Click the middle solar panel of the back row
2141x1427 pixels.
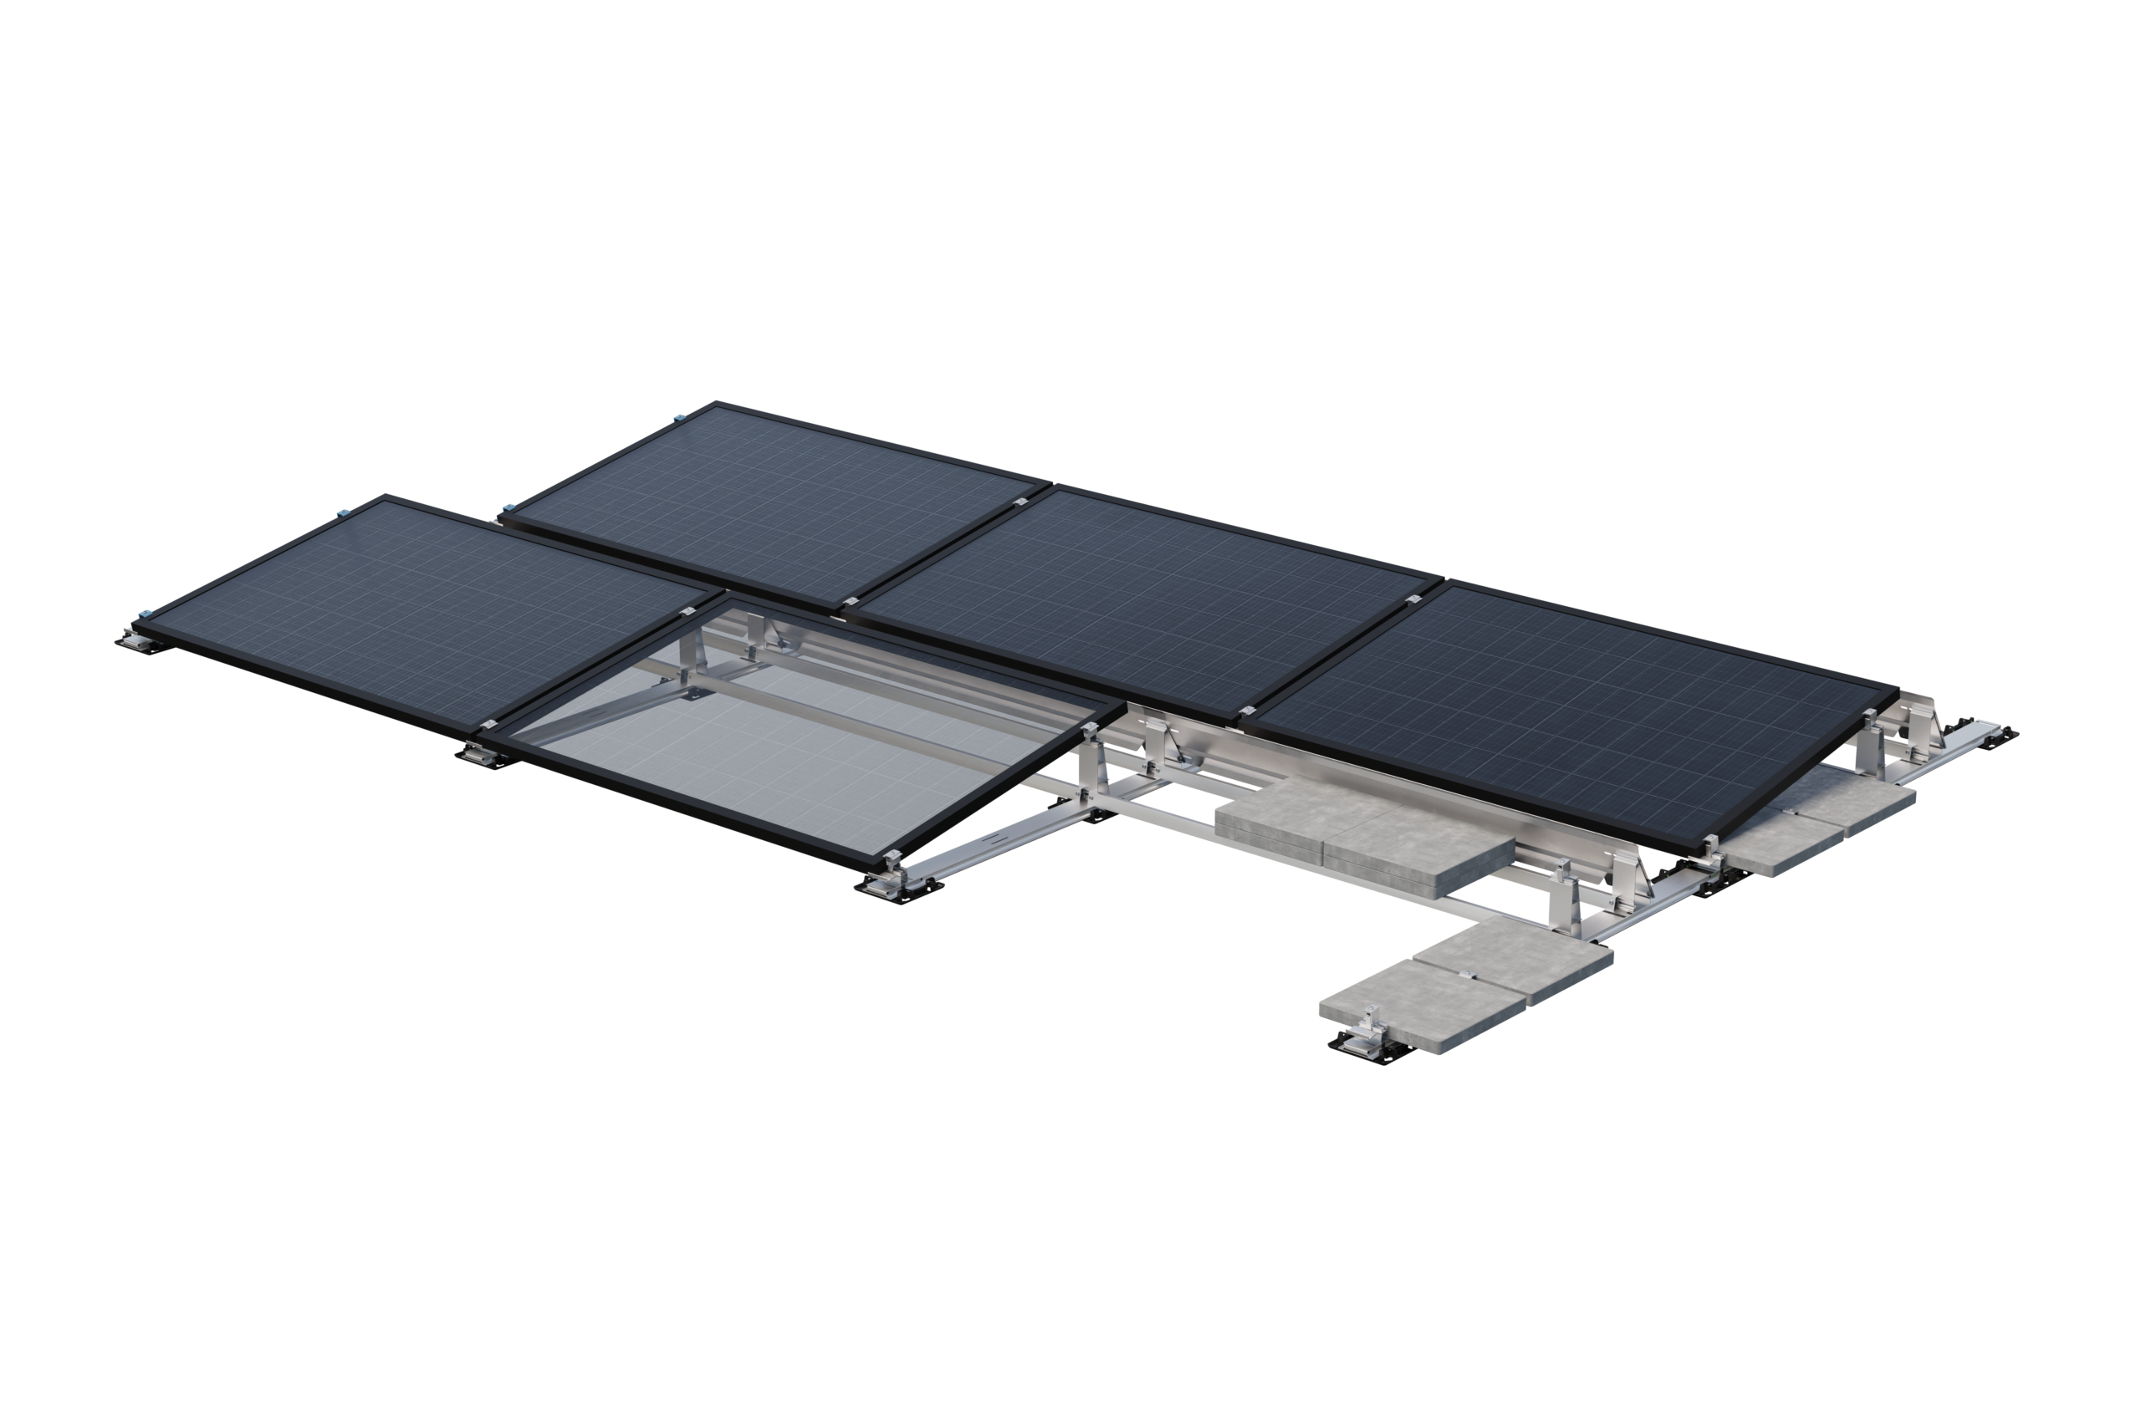(1147, 601)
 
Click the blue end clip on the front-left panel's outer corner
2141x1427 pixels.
(143, 613)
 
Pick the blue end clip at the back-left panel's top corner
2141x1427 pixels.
(677, 419)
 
